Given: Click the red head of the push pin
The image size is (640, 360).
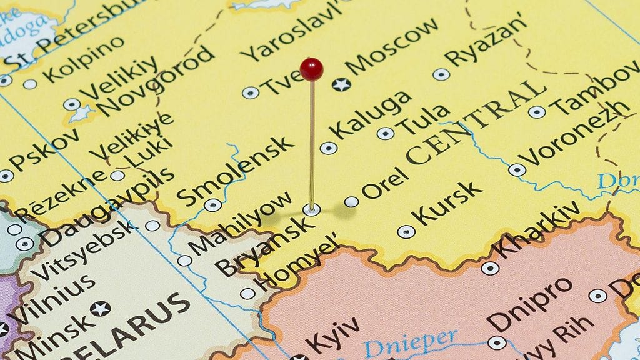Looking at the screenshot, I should coord(312,69).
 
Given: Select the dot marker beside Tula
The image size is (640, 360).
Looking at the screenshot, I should coord(385,133).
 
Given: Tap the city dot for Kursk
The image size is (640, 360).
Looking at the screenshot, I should coord(406,232).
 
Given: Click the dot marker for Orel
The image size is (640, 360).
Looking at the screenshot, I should coord(352,201).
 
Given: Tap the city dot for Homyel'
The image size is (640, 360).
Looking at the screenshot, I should coord(247,293).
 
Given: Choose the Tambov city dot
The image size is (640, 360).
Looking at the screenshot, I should coord(536,112).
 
